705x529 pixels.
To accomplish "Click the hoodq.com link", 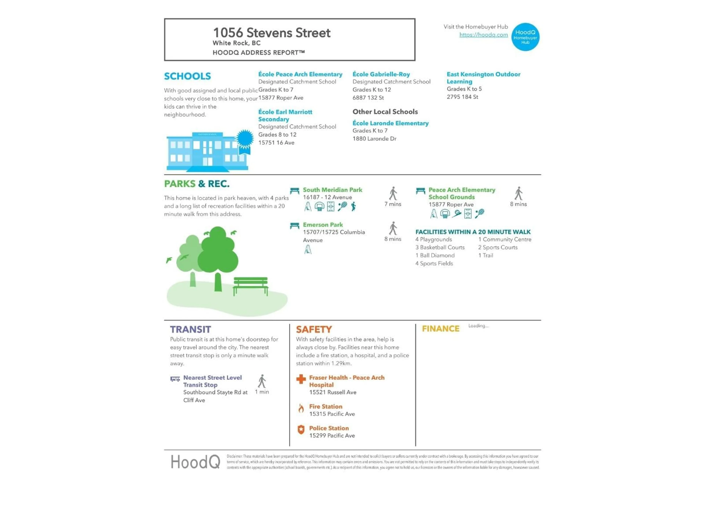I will pyautogui.click(x=483, y=35).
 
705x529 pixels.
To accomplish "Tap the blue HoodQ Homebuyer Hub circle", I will pyautogui.click(x=525, y=37).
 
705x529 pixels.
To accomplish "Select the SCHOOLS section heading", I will pyautogui.click(x=187, y=76).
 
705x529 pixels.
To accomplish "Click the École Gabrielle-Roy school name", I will pyautogui.click(x=381, y=74).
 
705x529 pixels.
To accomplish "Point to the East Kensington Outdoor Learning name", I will pyautogui.click(x=483, y=78).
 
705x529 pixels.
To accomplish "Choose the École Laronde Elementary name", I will pyautogui.click(x=391, y=123).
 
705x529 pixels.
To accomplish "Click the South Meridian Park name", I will pyautogui.click(x=332, y=190).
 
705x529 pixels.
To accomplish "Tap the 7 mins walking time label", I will pyautogui.click(x=393, y=204).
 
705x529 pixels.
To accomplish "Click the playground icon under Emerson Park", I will pyautogui.click(x=308, y=250).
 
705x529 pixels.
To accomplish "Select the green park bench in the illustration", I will pyautogui.click(x=250, y=285).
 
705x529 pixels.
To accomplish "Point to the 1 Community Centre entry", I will pyautogui.click(x=505, y=240).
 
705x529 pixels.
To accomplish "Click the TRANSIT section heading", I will pyautogui.click(x=190, y=329).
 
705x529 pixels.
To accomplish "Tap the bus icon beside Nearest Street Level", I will pyautogui.click(x=175, y=379).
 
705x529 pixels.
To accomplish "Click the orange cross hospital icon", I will pyautogui.click(x=301, y=379).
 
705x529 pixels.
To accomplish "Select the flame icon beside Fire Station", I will pyautogui.click(x=301, y=409).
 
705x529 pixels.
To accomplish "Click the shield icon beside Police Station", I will pyautogui.click(x=301, y=430).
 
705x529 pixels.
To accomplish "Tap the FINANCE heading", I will pyautogui.click(x=440, y=329).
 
